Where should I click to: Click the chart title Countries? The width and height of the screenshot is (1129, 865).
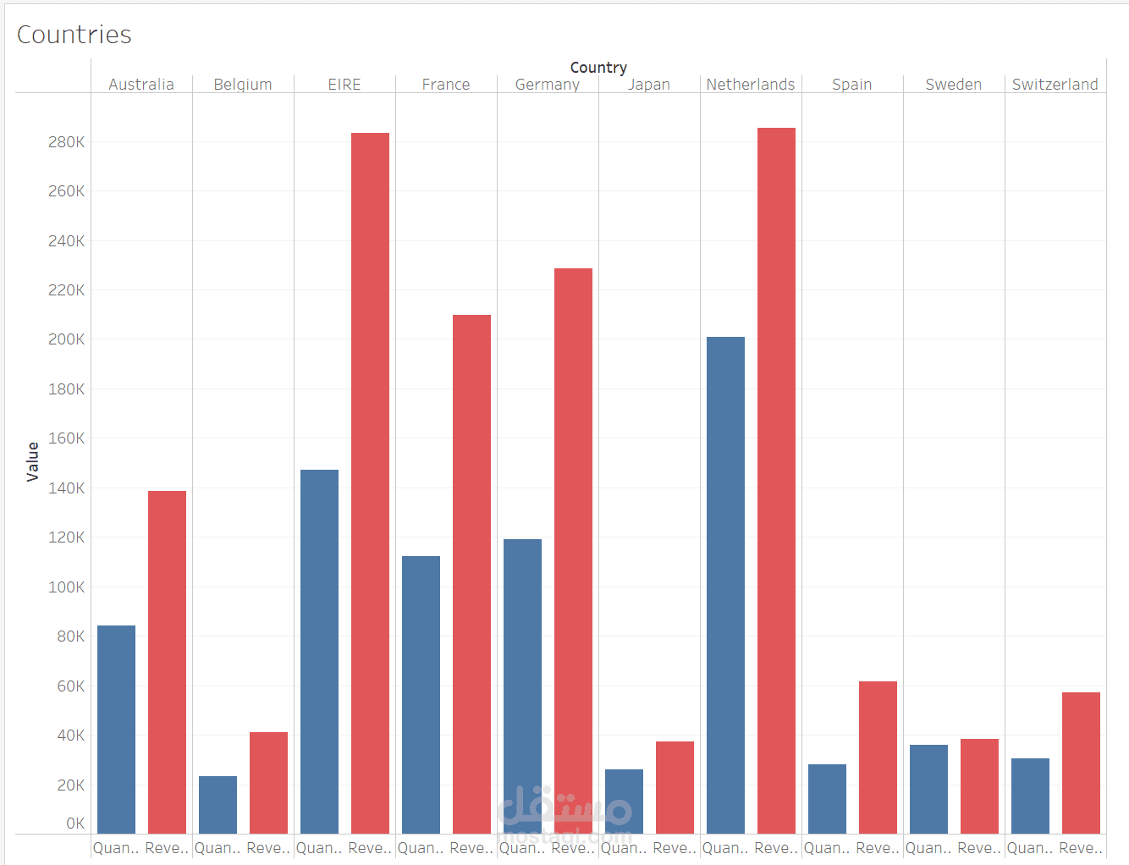click(74, 35)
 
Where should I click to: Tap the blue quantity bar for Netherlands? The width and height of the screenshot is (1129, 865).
click(725, 585)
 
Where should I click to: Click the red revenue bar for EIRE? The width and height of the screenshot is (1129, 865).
click(370, 482)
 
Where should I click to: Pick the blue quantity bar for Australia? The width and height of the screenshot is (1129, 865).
click(116, 729)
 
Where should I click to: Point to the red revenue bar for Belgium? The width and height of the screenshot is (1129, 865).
click(268, 782)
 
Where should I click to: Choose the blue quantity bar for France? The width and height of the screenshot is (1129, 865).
click(421, 694)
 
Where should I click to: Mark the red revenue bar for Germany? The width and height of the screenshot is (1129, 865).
click(573, 550)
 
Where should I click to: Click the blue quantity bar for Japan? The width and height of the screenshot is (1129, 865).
click(624, 801)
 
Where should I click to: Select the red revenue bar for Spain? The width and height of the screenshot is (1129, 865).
click(878, 757)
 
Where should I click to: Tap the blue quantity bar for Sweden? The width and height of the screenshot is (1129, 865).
click(928, 789)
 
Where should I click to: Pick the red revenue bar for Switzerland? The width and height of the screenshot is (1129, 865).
click(1081, 763)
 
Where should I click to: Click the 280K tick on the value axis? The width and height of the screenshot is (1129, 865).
click(66, 142)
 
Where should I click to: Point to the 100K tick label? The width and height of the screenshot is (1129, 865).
click(66, 587)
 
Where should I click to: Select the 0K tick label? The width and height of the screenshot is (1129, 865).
click(75, 824)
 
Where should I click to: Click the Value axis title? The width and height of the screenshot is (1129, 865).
click(33, 461)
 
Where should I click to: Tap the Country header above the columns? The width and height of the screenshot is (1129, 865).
click(598, 68)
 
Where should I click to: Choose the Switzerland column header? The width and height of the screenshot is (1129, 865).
click(1055, 85)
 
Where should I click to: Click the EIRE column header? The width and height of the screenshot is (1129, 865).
click(344, 85)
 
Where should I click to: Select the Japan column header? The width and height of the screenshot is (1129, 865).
click(649, 85)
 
